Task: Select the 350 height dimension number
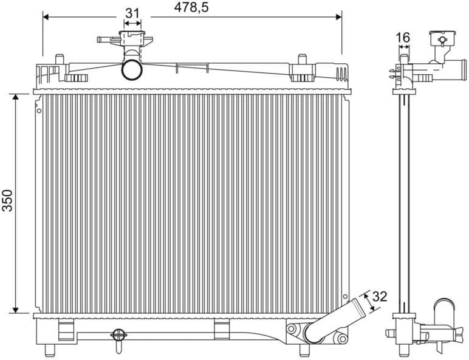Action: pos(7,203)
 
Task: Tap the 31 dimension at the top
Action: pos(132,13)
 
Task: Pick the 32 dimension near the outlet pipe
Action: pos(379,297)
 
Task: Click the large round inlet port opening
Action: pos(132,69)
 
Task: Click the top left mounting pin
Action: pos(60,59)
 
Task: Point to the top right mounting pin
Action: pos(301,59)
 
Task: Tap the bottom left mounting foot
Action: pos(50,350)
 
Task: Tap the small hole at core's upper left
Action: pos(39,111)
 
